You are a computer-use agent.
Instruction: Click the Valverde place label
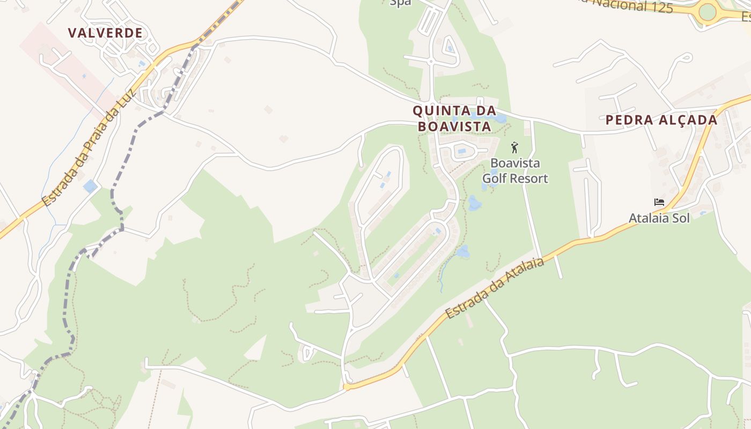tap(106, 33)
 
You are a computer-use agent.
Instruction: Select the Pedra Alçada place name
tap(661, 120)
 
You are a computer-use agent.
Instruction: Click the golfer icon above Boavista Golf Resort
tap(514, 147)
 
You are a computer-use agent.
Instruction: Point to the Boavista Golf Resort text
tap(515, 171)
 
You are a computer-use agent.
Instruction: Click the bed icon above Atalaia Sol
tap(659, 202)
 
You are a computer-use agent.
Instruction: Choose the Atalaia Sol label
tap(659, 218)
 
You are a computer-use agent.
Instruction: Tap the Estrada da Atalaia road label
tap(495, 289)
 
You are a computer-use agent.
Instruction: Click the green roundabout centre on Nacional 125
tap(708, 12)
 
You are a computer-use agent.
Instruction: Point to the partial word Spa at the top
tap(400, 3)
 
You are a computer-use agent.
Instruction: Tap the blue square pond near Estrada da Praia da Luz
tap(90, 187)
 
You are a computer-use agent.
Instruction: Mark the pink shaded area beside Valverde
tap(64, 64)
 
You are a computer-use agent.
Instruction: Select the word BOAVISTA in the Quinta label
tap(454, 127)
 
